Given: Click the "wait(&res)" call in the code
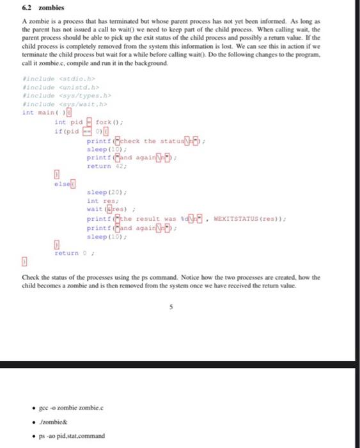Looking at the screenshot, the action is click(104, 209).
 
